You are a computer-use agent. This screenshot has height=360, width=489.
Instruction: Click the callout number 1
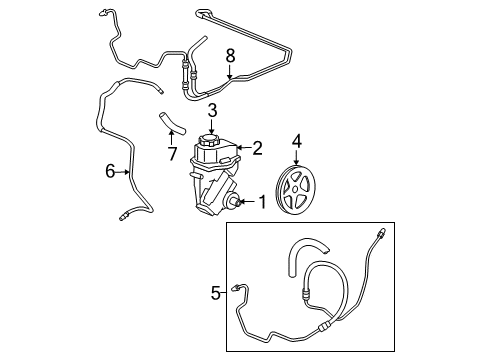point(263,204)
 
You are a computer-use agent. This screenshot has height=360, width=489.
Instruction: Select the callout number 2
point(257,149)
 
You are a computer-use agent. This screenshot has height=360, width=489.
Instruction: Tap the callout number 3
point(212,109)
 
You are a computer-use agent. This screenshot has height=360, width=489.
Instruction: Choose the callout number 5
point(215,294)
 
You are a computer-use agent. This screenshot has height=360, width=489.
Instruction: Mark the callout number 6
point(110,172)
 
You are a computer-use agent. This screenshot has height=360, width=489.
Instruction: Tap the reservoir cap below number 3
point(212,137)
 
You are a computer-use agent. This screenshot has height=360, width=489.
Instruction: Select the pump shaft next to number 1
point(236,204)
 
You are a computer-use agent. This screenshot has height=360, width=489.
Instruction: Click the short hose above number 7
point(169,125)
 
